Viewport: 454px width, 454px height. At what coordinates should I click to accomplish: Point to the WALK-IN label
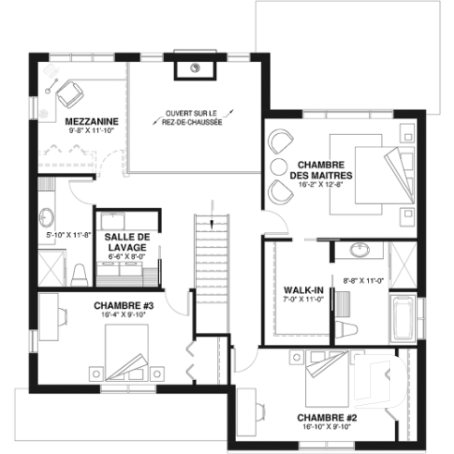coord(302,290)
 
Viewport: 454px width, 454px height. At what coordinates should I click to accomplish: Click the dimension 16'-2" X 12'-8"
coord(321,185)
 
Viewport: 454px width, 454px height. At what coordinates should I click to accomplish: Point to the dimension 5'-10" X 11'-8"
coord(67,235)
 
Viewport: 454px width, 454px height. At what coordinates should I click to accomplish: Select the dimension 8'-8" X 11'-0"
coord(363,279)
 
